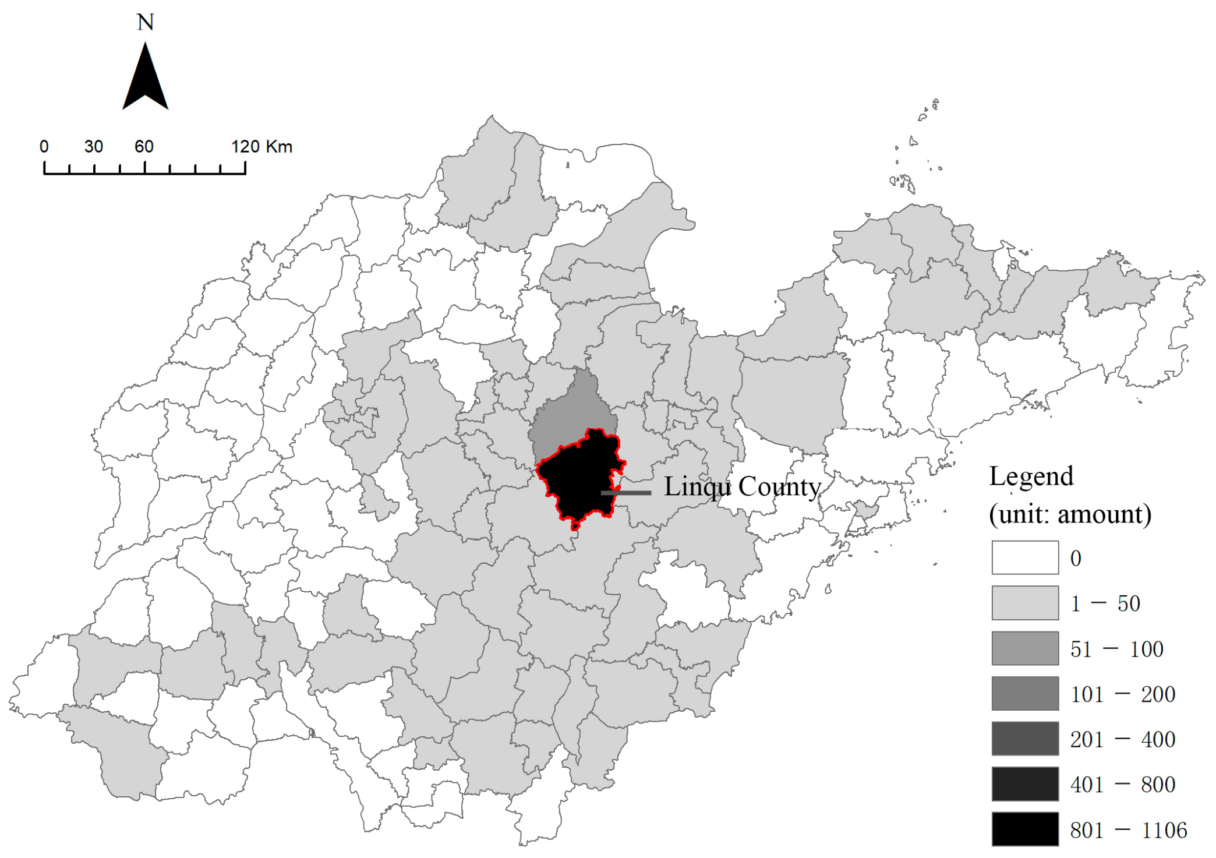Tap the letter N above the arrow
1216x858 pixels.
click(145, 23)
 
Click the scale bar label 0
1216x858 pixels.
click(44, 147)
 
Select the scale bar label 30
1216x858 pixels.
click(94, 147)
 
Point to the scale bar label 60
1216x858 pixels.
click(144, 147)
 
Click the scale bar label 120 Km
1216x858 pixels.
click(261, 147)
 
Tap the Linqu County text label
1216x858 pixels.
click(742, 486)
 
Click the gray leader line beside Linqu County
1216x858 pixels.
click(627, 493)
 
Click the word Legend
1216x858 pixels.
click(1031, 476)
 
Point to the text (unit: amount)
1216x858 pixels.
click(1070, 514)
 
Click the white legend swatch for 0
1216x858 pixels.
click(1025, 557)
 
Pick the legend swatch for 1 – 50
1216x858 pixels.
click(1025, 603)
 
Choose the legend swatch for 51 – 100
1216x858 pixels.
click(1025, 648)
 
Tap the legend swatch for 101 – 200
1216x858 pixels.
click(1025, 693)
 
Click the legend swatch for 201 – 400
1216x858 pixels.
click(1025, 739)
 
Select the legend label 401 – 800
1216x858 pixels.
click(1122, 785)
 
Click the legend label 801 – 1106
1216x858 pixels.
click(1128, 830)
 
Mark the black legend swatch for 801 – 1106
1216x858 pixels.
click(1025, 829)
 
